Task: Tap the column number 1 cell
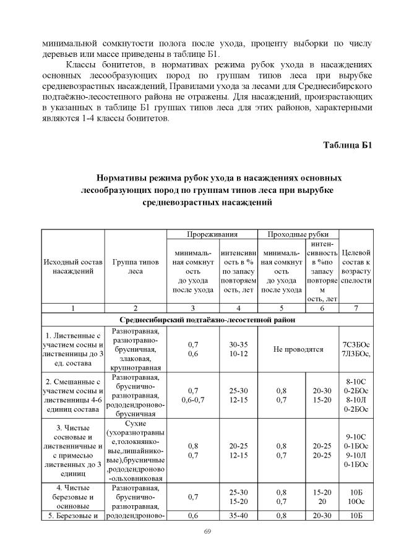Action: (x=73, y=307)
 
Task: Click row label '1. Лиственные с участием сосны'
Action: (x=73, y=349)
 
